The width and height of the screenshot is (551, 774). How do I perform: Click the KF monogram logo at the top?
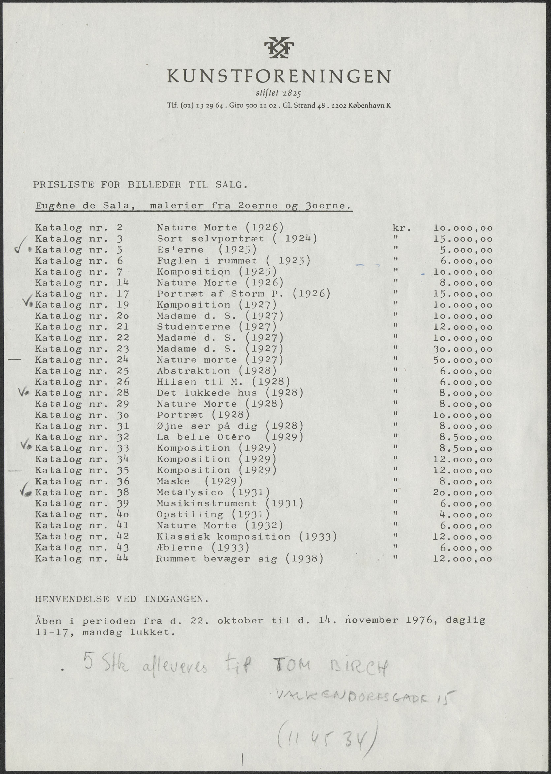pyautogui.click(x=279, y=47)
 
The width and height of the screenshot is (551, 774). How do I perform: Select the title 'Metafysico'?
pyautogui.click(x=190, y=492)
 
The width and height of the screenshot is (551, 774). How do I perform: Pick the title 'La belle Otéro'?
pyautogui.click(x=204, y=437)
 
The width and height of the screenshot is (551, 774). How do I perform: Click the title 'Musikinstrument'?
pyautogui.click(x=207, y=503)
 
